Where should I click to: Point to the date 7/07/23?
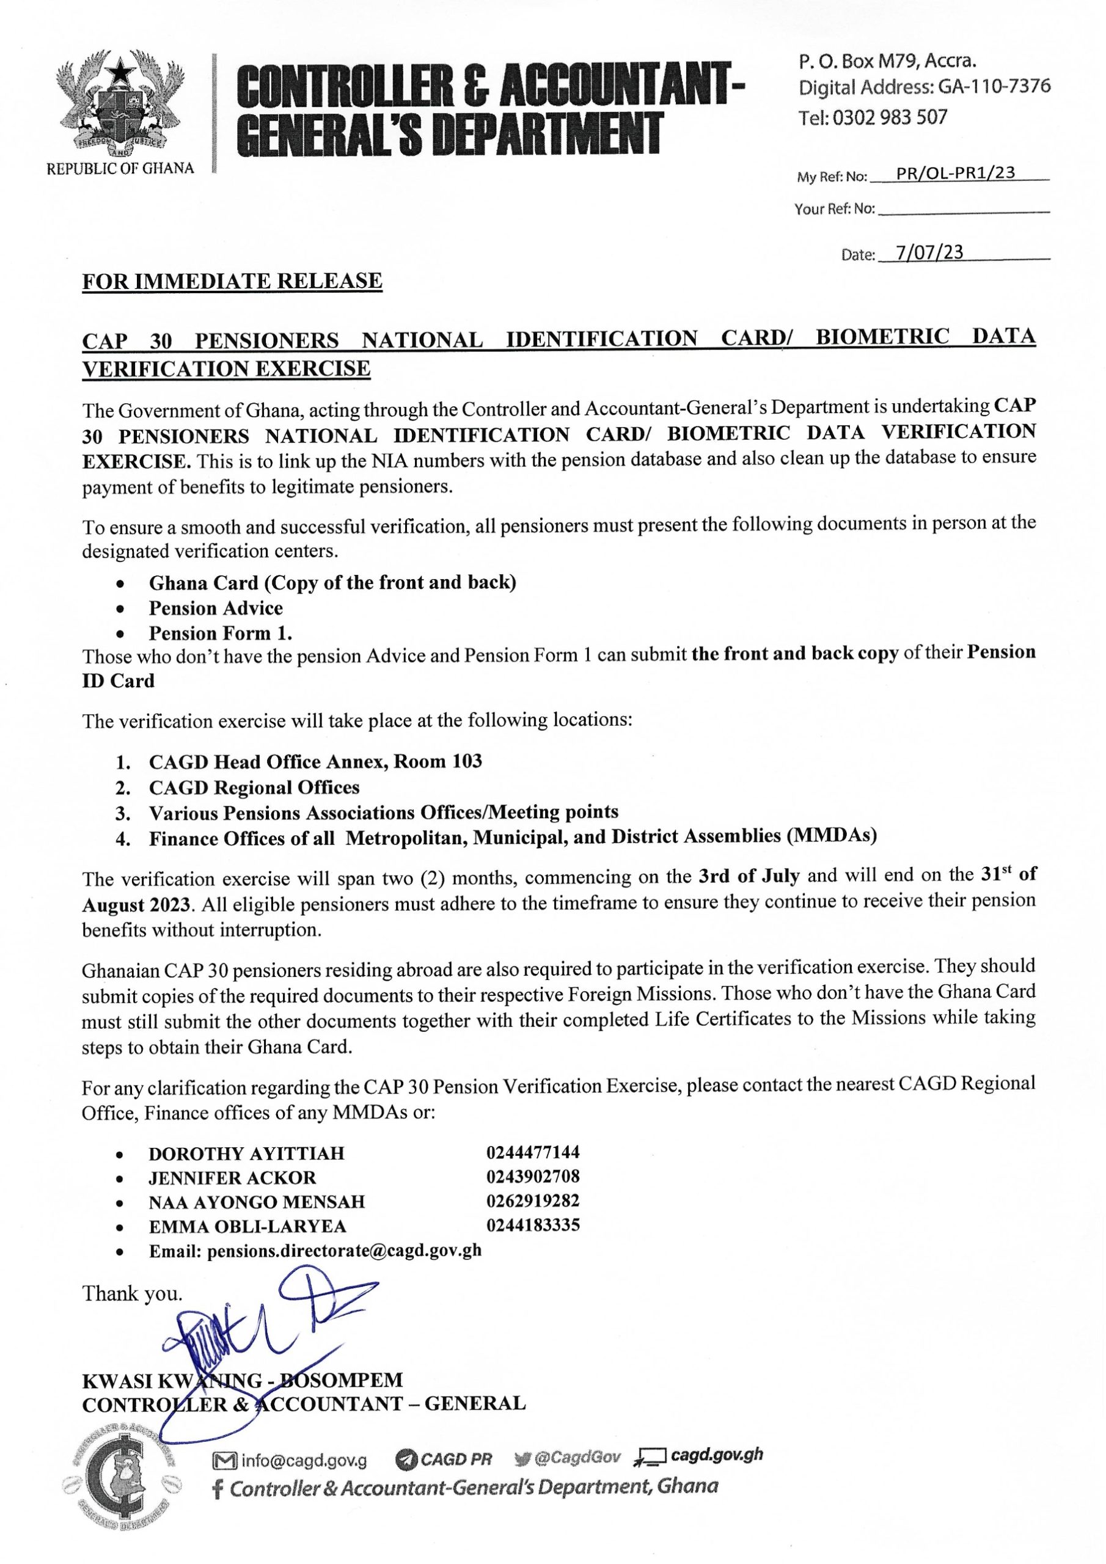point(929,253)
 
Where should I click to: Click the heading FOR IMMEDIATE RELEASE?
point(232,281)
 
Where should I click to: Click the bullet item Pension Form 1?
point(220,633)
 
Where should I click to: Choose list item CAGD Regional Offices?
point(254,787)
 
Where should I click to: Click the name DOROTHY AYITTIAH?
point(247,1153)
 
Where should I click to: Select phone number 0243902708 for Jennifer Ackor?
point(533,1177)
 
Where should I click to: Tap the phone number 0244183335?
point(533,1225)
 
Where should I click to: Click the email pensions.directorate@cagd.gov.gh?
point(344,1250)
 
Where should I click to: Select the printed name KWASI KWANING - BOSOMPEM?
point(242,1380)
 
